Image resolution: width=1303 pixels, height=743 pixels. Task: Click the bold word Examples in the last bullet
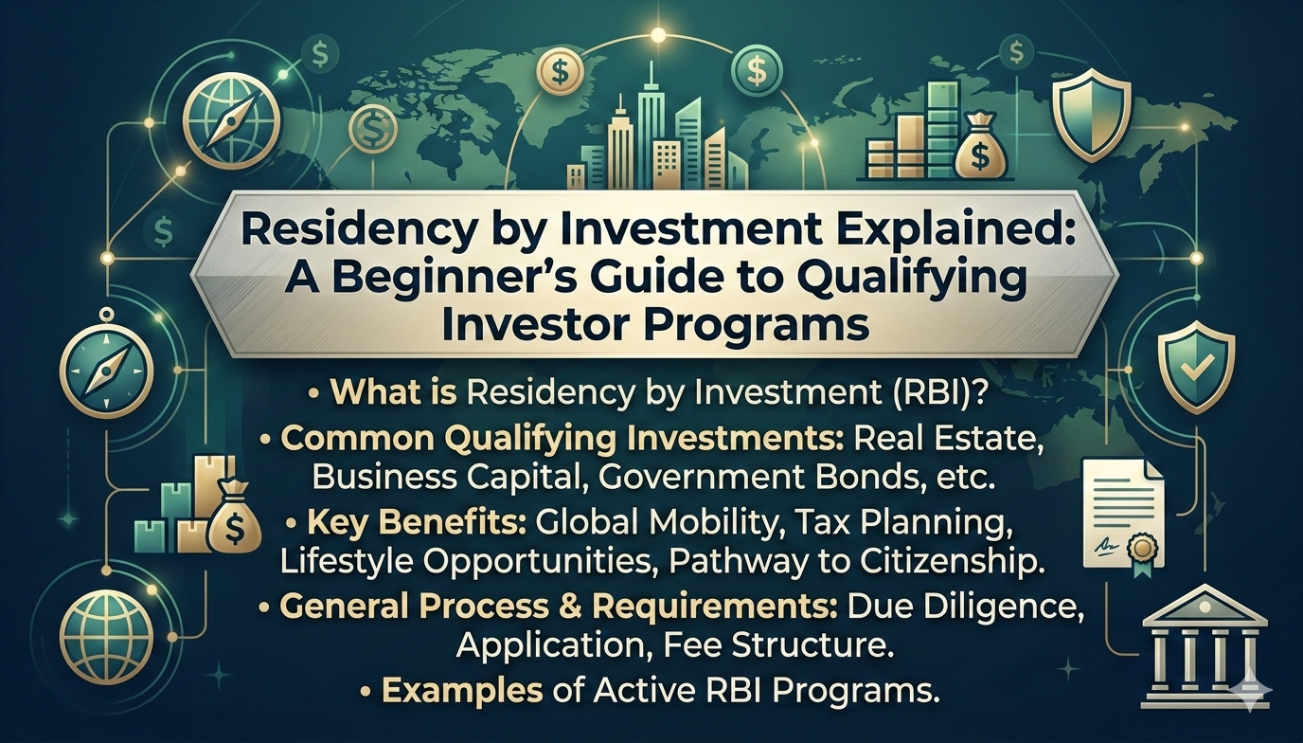[x=462, y=691]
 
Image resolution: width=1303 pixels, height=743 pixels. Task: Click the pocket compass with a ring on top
[x=106, y=366]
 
